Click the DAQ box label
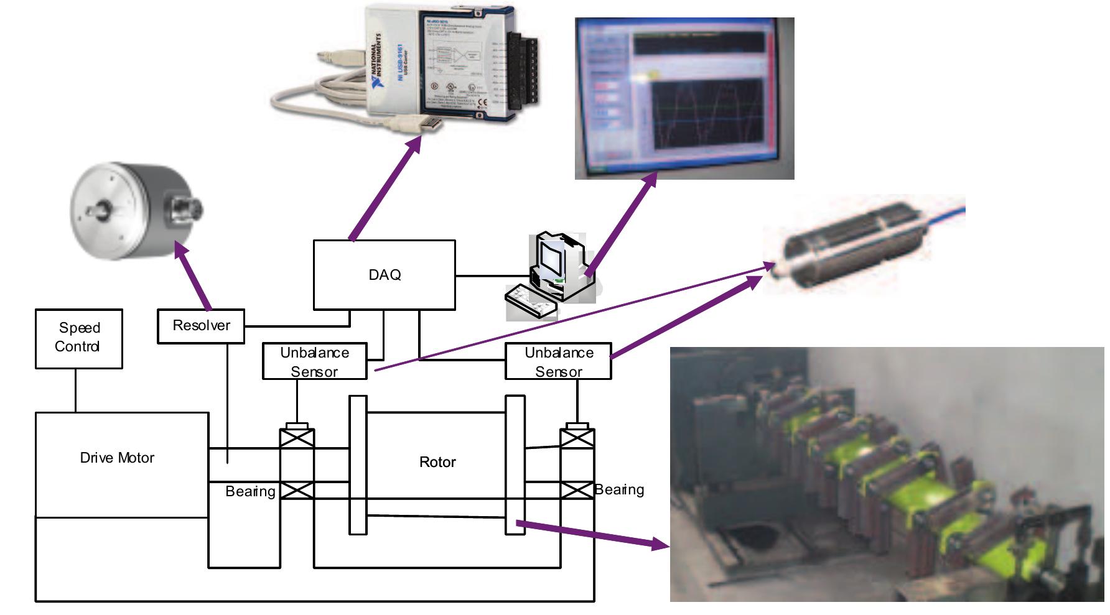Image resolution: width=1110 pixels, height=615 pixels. pos(385,275)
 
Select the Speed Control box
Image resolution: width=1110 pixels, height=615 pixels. pos(78,338)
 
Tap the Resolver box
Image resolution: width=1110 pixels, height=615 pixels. pos(201,326)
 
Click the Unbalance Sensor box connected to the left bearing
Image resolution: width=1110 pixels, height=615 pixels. pos(314,361)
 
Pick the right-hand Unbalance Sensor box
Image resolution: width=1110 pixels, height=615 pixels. pos(558,361)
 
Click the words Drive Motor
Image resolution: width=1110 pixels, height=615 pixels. pos(117,458)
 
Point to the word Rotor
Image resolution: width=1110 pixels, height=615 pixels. pos(437,462)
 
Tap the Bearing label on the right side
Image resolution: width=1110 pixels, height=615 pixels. pos(619,490)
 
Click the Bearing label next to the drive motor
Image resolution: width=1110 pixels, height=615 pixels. pos(250,492)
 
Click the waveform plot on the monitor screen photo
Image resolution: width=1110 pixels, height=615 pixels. pos(706,114)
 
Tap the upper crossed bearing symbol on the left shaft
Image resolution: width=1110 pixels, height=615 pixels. pos(297,438)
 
